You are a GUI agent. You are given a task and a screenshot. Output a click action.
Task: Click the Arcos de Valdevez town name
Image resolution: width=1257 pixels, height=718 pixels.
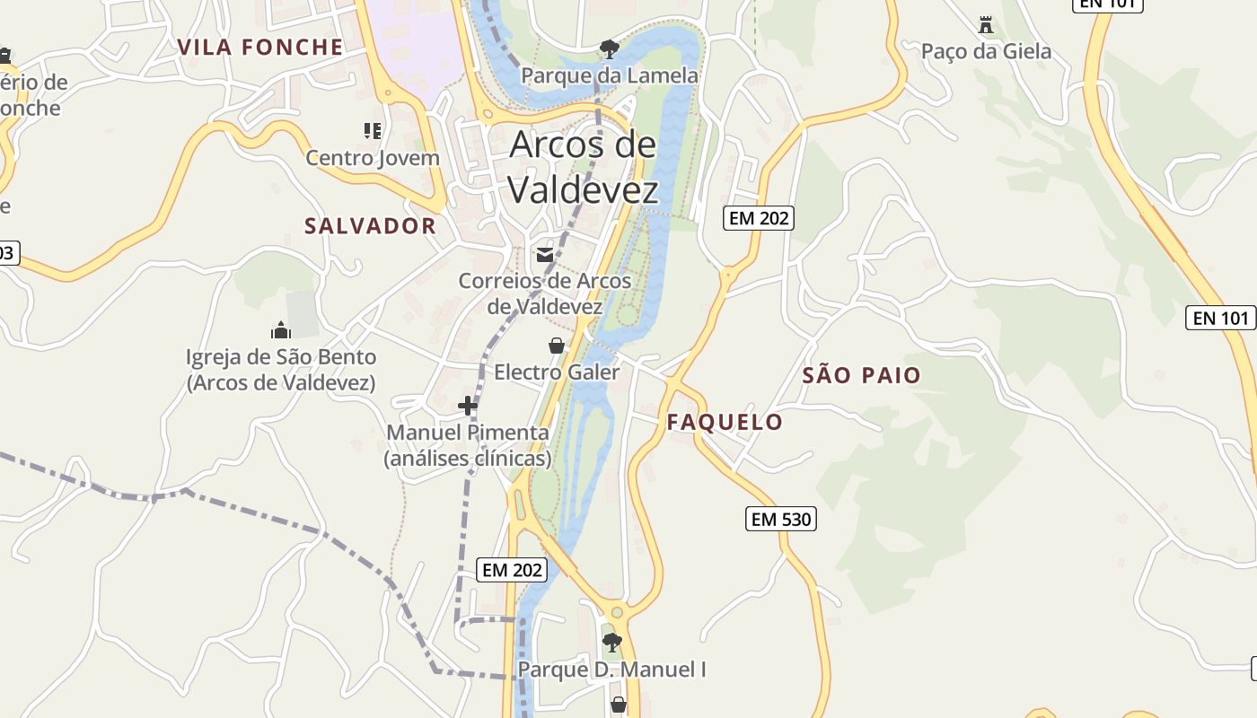pyautogui.click(x=584, y=167)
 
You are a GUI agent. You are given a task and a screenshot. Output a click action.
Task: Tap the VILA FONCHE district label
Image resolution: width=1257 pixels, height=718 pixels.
pyautogui.click(x=260, y=48)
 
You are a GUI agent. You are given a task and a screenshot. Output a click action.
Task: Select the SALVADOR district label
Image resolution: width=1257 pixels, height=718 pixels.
pyautogui.click(x=370, y=226)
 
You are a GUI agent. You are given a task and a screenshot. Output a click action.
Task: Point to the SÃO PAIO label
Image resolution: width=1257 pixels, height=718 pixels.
pyautogui.click(x=862, y=375)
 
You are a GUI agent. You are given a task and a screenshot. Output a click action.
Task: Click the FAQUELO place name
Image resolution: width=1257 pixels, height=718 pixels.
pyautogui.click(x=725, y=422)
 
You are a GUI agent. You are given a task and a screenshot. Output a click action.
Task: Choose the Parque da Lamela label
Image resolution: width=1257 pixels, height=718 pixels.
pyautogui.click(x=610, y=75)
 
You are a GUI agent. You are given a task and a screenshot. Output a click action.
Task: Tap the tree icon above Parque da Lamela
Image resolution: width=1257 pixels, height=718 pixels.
pyautogui.click(x=610, y=48)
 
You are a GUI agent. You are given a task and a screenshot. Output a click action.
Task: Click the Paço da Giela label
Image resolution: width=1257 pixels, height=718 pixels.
pyautogui.click(x=986, y=51)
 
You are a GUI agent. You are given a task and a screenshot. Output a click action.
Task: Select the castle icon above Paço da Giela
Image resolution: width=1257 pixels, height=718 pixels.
pyautogui.click(x=986, y=24)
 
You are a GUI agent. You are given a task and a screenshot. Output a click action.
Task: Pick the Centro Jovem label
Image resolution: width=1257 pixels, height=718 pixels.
pyautogui.click(x=373, y=158)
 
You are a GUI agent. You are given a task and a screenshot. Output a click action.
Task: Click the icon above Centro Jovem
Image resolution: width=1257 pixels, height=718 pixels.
pyautogui.click(x=373, y=131)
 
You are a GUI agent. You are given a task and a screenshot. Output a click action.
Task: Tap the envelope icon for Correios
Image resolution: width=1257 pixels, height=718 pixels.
pyautogui.click(x=544, y=255)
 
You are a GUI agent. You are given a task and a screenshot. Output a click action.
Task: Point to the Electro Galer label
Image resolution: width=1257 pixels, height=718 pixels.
pyautogui.click(x=557, y=372)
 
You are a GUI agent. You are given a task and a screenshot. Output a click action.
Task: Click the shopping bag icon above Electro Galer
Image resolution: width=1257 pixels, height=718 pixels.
pyautogui.click(x=557, y=346)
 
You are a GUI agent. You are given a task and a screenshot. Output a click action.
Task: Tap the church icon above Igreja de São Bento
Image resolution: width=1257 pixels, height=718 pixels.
pyautogui.click(x=281, y=330)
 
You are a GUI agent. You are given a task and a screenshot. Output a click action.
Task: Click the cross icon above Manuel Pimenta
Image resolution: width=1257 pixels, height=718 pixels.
pyautogui.click(x=467, y=406)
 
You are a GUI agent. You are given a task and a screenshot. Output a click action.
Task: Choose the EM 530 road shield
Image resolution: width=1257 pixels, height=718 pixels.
pyautogui.click(x=781, y=519)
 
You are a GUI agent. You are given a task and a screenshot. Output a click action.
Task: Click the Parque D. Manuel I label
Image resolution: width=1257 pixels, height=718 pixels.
pyautogui.click(x=612, y=670)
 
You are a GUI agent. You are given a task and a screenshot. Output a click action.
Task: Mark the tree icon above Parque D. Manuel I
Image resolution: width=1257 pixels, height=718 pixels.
pyautogui.click(x=612, y=643)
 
